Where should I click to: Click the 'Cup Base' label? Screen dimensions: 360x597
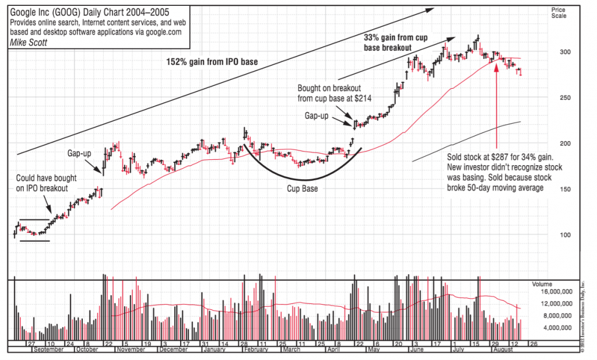302,189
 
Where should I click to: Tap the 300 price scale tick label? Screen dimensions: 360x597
557,53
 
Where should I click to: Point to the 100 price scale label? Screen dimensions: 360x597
557,235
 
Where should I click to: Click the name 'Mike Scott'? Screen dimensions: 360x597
29,42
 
